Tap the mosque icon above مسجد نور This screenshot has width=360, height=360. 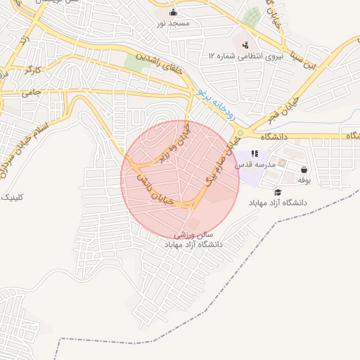pos(174,12)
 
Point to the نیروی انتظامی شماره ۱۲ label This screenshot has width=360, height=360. pos(244,56)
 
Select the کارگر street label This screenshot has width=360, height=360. pos(33,70)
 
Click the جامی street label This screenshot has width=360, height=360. pos(32,92)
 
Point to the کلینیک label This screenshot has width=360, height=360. pos(13,197)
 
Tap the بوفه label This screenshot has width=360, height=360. pos(304,180)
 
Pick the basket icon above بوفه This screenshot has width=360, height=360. pos(304,169)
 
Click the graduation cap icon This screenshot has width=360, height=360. pos(278,192)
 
